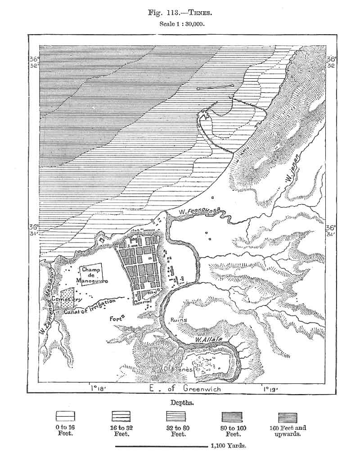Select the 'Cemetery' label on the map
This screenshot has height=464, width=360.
point(66,299)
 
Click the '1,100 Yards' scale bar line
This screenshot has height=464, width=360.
point(162,447)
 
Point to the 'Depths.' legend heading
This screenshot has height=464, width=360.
point(182,402)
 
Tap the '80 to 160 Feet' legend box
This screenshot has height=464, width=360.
point(232,416)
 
